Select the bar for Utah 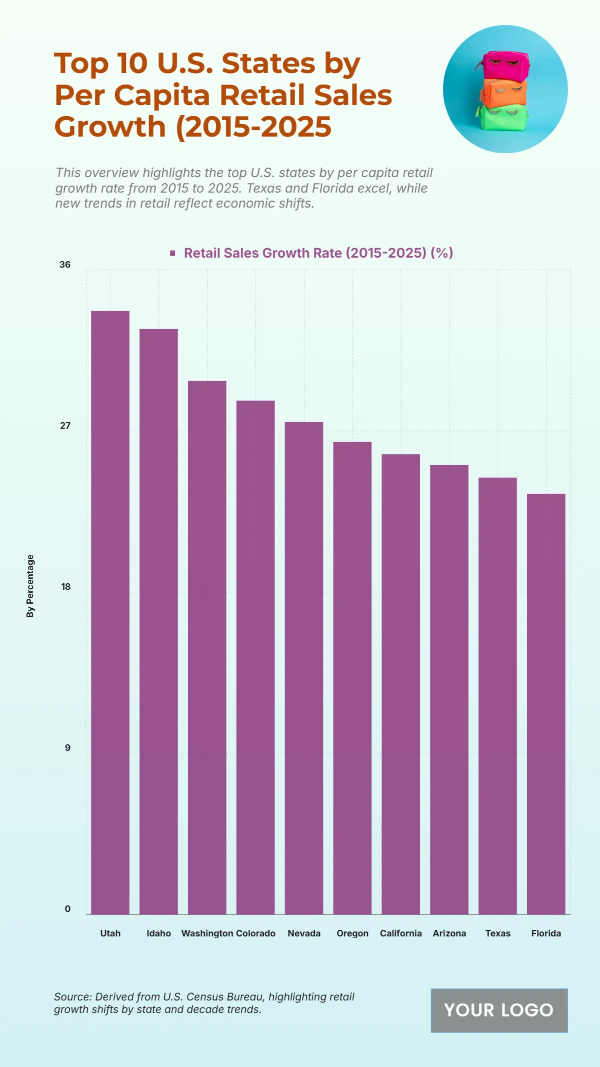pyautogui.click(x=110, y=612)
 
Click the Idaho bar pyautogui.click(x=158, y=621)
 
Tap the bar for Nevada pyautogui.click(x=304, y=668)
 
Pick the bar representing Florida pyautogui.click(x=546, y=704)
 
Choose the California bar pyautogui.click(x=400, y=684)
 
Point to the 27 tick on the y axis pyautogui.click(x=65, y=426)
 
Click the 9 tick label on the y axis pyautogui.click(x=67, y=748)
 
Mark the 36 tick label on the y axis pyautogui.click(x=65, y=265)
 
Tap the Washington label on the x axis pyautogui.click(x=207, y=933)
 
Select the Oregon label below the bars pyautogui.click(x=352, y=933)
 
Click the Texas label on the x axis pyautogui.click(x=498, y=933)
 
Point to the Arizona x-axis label pyautogui.click(x=449, y=933)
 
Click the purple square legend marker pyautogui.click(x=172, y=253)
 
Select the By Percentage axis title pyautogui.click(x=30, y=586)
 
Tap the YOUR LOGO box pyautogui.click(x=499, y=1010)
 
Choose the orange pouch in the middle pyautogui.click(x=504, y=92)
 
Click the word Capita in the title pyautogui.click(x=161, y=95)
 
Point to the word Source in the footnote pyautogui.click(x=72, y=996)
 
